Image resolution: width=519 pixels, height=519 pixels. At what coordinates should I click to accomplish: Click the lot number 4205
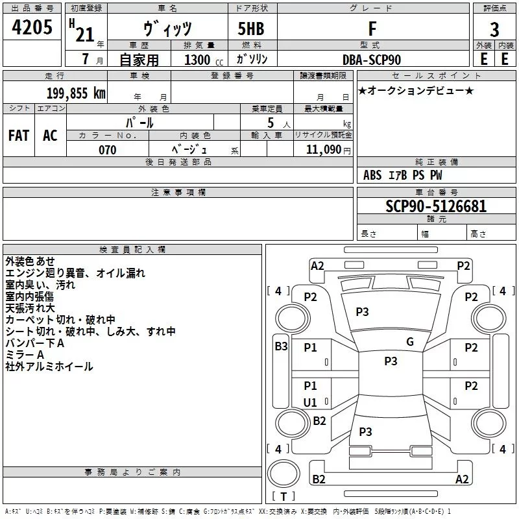(x=32, y=27)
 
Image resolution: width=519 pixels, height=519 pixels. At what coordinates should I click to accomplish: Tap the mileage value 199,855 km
(x=76, y=93)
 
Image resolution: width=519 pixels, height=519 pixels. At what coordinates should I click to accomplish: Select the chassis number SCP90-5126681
(x=436, y=206)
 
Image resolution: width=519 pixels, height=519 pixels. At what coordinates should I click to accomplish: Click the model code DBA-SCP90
(x=372, y=60)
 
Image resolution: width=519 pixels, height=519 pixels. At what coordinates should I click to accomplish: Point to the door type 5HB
(x=251, y=29)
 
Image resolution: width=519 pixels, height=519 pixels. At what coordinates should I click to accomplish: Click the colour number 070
(x=108, y=150)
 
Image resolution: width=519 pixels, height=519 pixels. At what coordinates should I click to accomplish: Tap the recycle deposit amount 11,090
(x=323, y=149)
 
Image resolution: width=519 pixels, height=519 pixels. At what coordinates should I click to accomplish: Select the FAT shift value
(x=19, y=136)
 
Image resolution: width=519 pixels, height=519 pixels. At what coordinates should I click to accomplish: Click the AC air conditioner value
(x=50, y=136)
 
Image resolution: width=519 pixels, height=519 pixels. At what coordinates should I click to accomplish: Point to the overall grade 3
(x=494, y=30)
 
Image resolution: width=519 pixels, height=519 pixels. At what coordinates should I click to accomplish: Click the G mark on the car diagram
(x=410, y=342)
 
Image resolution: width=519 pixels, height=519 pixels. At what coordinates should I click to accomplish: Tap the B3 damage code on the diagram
(x=281, y=346)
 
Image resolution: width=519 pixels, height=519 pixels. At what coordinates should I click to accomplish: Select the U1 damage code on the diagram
(x=310, y=402)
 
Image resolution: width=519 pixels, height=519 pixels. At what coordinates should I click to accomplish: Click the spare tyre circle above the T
(x=284, y=473)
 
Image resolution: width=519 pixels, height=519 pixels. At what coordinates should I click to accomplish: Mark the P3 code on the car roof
(x=391, y=361)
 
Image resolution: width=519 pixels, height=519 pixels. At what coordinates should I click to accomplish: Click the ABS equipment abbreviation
(x=372, y=175)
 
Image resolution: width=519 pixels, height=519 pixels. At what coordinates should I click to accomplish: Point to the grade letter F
(x=372, y=29)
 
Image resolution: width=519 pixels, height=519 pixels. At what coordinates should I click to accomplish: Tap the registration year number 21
(x=85, y=34)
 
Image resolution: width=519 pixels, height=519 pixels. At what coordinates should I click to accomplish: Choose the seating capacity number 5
(x=271, y=123)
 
